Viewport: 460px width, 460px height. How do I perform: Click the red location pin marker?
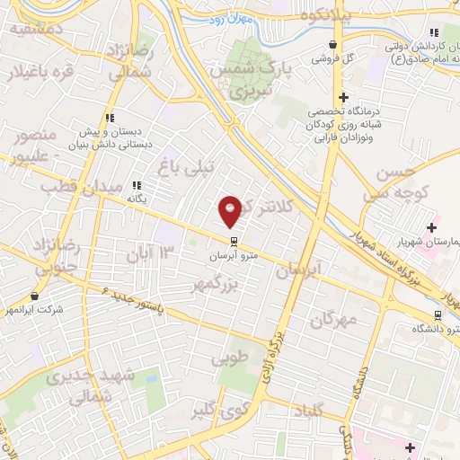pyautogui.click(x=231, y=209)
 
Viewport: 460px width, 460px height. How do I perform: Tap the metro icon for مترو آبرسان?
pyautogui.click(x=234, y=241)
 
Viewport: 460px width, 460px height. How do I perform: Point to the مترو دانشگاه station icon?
pyautogui.click(x=438, y=315)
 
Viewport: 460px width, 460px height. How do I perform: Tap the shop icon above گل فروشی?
pyautogui.click(x=334, y=44)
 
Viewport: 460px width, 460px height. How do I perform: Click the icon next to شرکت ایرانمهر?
pyautogui.click(x=35, y=296)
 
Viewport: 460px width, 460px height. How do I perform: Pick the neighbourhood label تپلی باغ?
pyautogui.click(x=187, y=166)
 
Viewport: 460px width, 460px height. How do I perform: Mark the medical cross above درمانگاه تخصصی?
pyautogui.click(x=341, y=98)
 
